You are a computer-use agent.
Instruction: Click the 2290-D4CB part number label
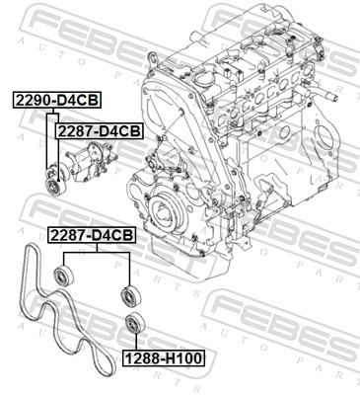tap(54, 100)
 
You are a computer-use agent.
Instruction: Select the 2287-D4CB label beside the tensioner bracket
tap(98, 129)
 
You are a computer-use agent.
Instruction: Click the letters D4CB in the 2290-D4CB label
tap(75, 100)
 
